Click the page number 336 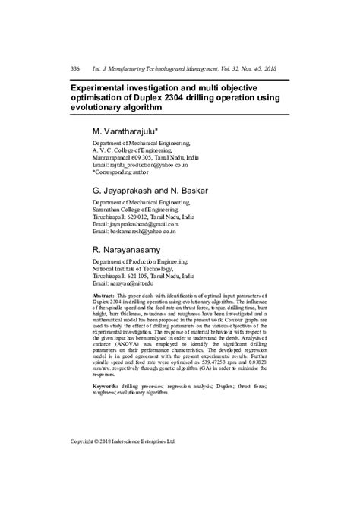pyautogui.click(x=75, y=68)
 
